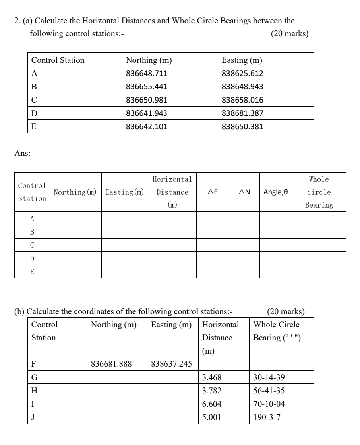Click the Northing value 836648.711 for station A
(146, 74)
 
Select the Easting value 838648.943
(242, 87)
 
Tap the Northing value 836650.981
(146, 100)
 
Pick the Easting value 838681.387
(242, 113)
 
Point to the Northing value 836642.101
(146, 126)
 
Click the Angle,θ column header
(275, 192)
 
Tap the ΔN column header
(244, 192)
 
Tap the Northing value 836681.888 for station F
(111, 364)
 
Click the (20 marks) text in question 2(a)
(289, 34)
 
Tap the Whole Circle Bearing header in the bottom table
(277, 331)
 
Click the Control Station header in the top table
(58, 60)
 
